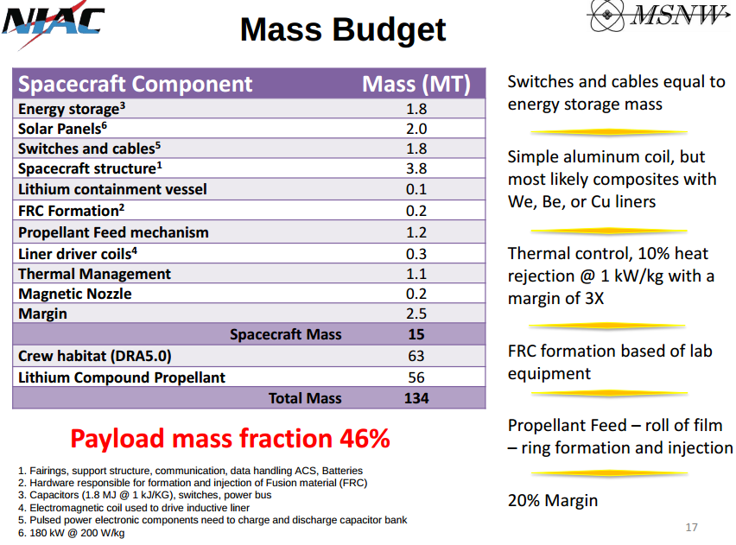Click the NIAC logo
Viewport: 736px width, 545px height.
54,24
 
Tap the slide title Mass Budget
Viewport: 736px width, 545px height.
343,29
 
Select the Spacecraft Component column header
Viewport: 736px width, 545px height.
136,84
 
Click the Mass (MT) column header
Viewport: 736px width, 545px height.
416,84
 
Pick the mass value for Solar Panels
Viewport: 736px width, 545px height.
416,129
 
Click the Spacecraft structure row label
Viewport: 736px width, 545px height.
90,169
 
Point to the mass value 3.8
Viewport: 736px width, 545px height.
416,169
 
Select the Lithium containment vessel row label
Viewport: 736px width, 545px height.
112,189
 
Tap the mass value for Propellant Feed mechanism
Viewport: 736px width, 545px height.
416,232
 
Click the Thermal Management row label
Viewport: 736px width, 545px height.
94,274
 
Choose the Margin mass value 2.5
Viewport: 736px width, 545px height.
416,314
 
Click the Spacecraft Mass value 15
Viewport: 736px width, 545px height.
416,334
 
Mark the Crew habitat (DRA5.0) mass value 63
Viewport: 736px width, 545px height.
416,356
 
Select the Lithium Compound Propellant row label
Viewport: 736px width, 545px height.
122,377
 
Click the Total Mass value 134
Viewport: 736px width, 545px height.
416,398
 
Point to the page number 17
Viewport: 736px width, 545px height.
690,527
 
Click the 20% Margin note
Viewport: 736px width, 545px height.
552,500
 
